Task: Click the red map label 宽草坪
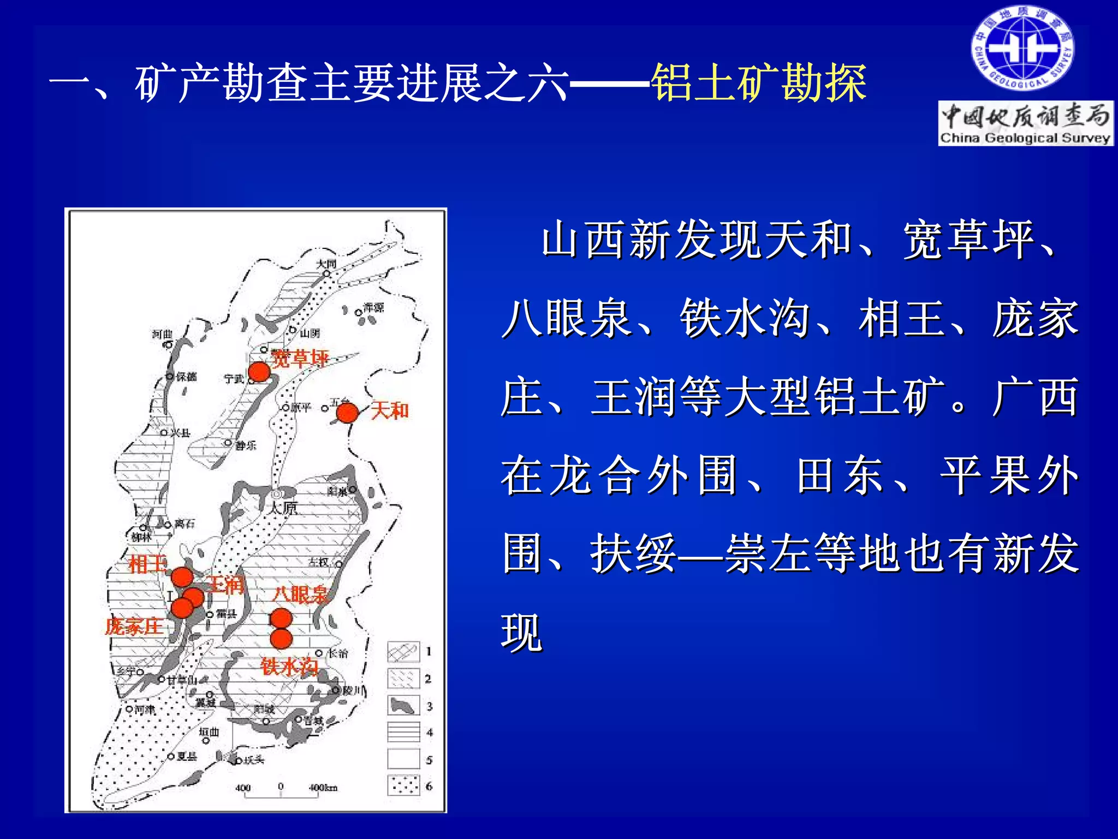(300, 359)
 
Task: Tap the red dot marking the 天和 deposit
(347, 413)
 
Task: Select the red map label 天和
(390, 410)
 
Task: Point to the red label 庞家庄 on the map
(134, 626)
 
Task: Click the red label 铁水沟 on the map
(289, 667)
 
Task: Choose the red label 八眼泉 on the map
(300, 594)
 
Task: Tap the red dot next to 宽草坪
(259, 372)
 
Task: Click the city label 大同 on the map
(326, 264)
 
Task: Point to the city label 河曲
(162, 334)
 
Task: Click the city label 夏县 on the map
(186, 756)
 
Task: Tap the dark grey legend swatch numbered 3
(403, 705)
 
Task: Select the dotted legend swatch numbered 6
(403, 786)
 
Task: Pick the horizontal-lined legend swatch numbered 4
(403, 732)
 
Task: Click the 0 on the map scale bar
(281, 787)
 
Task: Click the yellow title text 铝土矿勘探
(758, 83)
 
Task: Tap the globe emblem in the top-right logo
(1022, 49)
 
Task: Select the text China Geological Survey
(1025, 138)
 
